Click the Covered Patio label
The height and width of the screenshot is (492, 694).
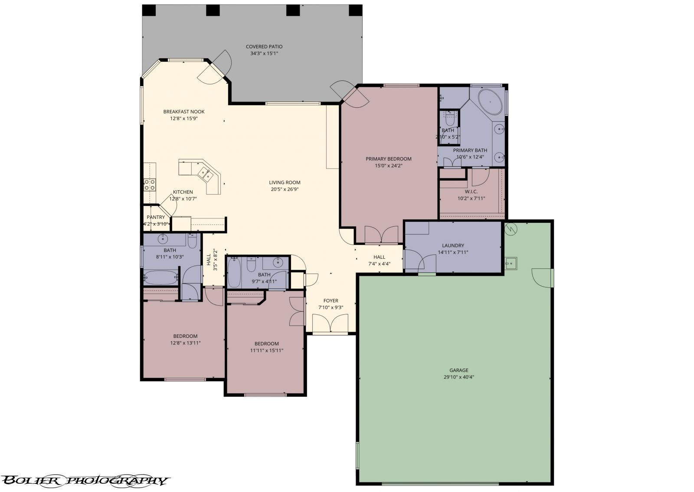pyautogui.click(x=264, y=46)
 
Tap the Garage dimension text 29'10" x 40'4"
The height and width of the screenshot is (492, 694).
pyautogui.click(x=458, y=377)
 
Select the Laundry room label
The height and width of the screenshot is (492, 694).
pyautogui.click(x=453, y=245)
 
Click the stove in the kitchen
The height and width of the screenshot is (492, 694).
pyautogui.click(x=150, y=185)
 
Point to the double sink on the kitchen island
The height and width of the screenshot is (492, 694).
pyautogui.click(x=205, y=174)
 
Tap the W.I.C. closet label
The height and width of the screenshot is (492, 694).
pyautogui.click(x=471, y=192)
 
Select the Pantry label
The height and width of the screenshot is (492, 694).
pyautogui.click(x=156, y=217)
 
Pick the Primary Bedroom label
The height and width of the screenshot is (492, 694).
pyautogui.click(x=388, y=158)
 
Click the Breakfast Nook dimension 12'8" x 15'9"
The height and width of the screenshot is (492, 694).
pyautogui.click(x=184, y=118)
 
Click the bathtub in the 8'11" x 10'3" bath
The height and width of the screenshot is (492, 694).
pyautogui.click(x=160, y=276)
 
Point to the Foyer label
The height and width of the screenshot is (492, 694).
pyautogui.click(x=331, y=300)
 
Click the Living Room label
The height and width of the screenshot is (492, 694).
pyautogui.click(x=285, y=182)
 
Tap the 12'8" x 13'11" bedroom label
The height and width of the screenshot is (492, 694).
pyautogui.click(x=185, y=336)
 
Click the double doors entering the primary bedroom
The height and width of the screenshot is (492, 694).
pyautogui.click(x=381, y=235)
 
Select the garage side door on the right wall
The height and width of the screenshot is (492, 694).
pyautogui.click(x=544, y=278)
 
